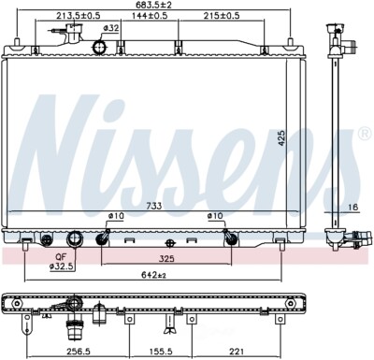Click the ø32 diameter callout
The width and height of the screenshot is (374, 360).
(x=111, y=29)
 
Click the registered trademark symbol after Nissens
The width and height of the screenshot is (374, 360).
(x=364, y=133)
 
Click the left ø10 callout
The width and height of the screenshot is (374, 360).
(x=116, y=216)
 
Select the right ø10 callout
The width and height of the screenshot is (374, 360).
(x=215, y=216)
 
